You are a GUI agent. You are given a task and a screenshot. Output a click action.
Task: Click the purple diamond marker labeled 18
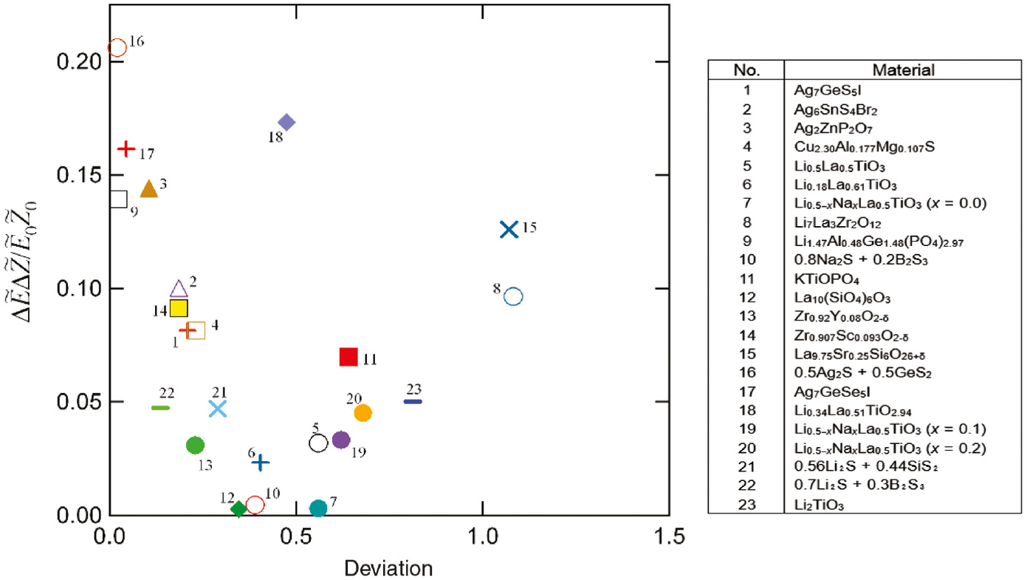286,122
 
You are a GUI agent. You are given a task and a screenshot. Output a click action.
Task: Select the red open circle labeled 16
117,47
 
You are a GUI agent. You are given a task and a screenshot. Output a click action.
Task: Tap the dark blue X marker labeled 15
508,229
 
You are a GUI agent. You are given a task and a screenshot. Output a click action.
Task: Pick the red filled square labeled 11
348,357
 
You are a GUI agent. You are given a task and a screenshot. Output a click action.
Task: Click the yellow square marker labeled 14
179,308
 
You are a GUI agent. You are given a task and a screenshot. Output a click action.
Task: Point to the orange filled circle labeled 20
363,413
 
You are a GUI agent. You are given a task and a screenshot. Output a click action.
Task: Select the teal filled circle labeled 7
318,508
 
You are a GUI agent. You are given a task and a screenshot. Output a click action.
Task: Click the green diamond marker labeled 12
238,508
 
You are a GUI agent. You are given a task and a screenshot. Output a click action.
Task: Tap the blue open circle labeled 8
514,296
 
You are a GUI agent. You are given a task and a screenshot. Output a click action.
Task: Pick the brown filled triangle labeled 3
149,189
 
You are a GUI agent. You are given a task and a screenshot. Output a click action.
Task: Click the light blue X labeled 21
217,409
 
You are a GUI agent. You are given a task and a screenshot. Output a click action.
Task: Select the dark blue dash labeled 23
413,401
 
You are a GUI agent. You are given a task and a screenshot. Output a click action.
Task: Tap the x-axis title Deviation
388,568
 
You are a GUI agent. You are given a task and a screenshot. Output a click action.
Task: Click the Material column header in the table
904,71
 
